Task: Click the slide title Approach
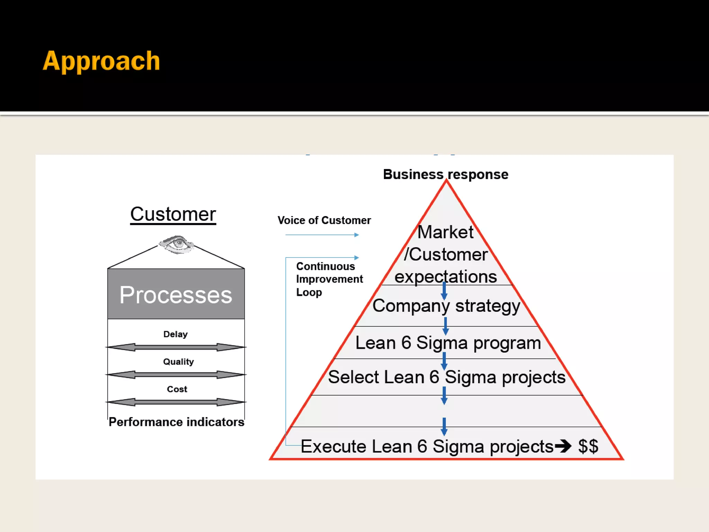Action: coord(101,61)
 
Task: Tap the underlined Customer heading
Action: coord(173,214)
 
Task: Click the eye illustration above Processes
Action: coord(177,244)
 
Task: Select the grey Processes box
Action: coord(176,294)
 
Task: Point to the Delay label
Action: coord(176,334)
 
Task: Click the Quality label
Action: coord(178,362)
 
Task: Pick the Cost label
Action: coord(177,389)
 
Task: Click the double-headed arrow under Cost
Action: coord(176,402)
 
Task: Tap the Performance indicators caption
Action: coord(176,422)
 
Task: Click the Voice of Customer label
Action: coord(324,220)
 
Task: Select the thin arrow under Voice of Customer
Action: coord(322,235)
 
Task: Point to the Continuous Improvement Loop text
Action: coord(329,279)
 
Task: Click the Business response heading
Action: coord(446,174)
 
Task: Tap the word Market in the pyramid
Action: coord(446,232)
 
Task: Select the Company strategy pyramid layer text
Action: coord(446,306)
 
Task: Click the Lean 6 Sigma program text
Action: coord(448,343)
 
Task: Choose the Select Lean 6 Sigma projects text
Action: coord(447,377)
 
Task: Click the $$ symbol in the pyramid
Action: coord(588,446)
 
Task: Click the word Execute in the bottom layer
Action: coord(333,446)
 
